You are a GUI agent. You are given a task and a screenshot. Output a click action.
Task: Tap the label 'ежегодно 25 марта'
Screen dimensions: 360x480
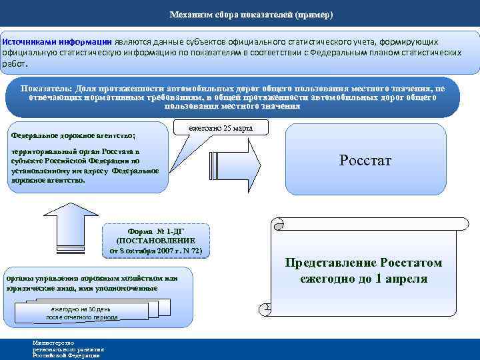[219, 127]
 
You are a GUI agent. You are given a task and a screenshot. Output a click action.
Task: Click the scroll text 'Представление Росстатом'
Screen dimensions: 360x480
[363, 263]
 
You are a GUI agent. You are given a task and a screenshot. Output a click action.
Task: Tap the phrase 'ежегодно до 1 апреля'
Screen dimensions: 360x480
[363, 279]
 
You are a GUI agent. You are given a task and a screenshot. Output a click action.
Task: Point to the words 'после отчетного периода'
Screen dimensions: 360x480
[82, 317]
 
